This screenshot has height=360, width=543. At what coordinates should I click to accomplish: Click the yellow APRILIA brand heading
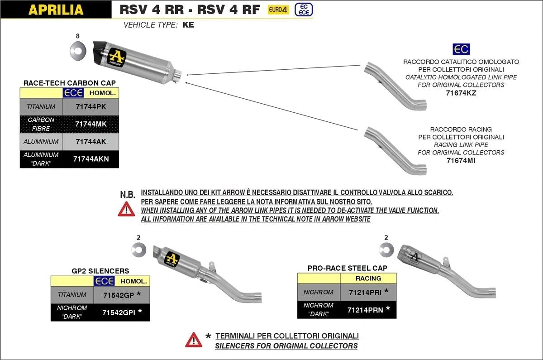click(x=56, y=10)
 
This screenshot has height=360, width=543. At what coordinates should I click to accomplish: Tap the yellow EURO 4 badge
click(x=278, y=10)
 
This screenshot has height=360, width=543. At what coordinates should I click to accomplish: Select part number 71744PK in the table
click(x=90, y=107)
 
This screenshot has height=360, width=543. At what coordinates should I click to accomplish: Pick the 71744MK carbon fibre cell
click(x=90, y=124)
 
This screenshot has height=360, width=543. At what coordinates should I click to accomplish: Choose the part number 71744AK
click(x=90, y=142)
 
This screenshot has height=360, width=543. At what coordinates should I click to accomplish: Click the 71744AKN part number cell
click(x=90, y=159)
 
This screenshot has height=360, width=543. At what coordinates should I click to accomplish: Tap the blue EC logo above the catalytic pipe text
click(x=461, y=49)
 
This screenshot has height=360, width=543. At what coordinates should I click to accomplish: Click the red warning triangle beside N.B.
click(x=126, y=209)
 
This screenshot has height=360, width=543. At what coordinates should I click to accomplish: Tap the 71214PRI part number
click(x=368, y=292)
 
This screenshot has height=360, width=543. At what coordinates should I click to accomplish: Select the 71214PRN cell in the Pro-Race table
click(x=368, y=310)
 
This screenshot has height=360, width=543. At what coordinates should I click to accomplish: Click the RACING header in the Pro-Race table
click(x=368, y=278)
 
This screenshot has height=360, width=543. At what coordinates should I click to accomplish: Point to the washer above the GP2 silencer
click(x=138, y=249)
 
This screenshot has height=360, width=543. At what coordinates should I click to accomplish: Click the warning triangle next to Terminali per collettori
click(x=194, y=340)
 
